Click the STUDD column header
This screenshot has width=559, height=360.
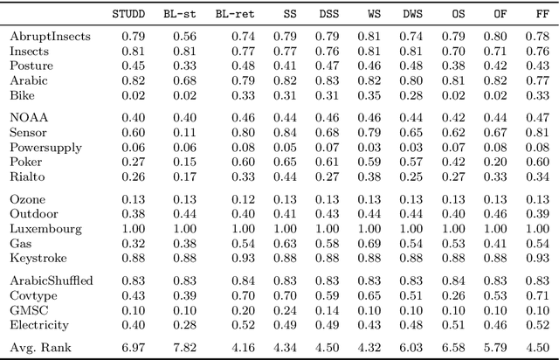click(129, 14)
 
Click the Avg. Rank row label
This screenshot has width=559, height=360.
click(39, 348)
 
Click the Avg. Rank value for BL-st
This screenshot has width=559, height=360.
click(184, 348)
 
